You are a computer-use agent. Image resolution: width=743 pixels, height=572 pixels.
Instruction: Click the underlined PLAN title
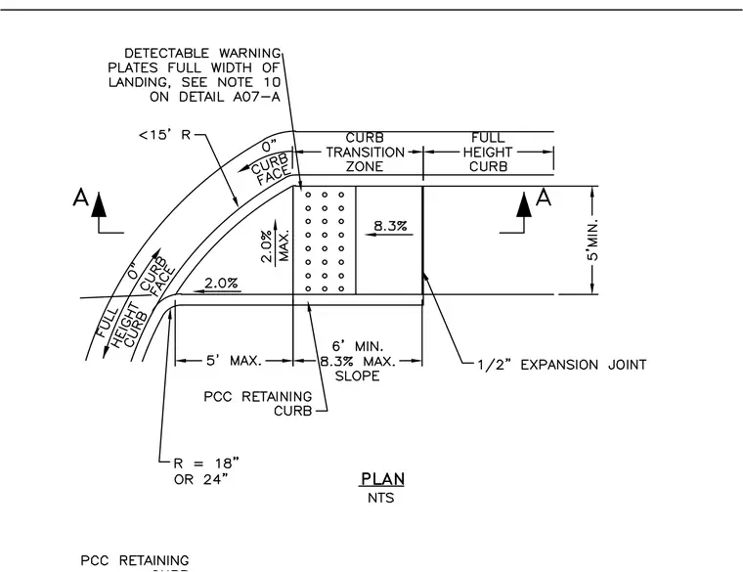382,479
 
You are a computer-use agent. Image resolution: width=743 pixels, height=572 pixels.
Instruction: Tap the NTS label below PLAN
380,498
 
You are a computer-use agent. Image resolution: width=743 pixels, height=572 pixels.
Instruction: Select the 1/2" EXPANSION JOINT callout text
561,365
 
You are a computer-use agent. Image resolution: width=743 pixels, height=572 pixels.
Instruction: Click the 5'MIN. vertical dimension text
592,240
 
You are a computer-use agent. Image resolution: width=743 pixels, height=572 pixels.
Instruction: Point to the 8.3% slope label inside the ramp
390,226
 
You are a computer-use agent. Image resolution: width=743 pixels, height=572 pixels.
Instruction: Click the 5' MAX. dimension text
234,361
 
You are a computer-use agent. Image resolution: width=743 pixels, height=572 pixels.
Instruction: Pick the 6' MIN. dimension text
357,346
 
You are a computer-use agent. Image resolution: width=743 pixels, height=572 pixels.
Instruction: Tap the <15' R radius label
164,135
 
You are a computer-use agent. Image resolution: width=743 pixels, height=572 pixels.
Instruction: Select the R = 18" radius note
206,462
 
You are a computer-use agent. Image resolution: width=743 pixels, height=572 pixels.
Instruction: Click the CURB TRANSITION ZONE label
365,153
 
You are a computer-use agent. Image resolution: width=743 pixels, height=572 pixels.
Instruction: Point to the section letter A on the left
80,198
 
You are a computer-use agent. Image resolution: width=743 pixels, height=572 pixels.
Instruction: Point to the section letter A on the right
544,198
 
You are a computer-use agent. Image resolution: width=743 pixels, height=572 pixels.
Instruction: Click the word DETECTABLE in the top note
166,53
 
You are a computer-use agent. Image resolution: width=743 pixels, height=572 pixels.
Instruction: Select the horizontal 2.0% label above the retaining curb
221,283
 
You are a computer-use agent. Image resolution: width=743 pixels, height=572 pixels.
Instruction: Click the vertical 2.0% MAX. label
275,245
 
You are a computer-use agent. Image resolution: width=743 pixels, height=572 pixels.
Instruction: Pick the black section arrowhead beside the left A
98,203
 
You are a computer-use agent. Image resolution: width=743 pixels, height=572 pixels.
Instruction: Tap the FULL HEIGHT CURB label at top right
488,153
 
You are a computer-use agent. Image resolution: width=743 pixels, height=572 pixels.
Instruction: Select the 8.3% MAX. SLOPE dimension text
357,369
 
